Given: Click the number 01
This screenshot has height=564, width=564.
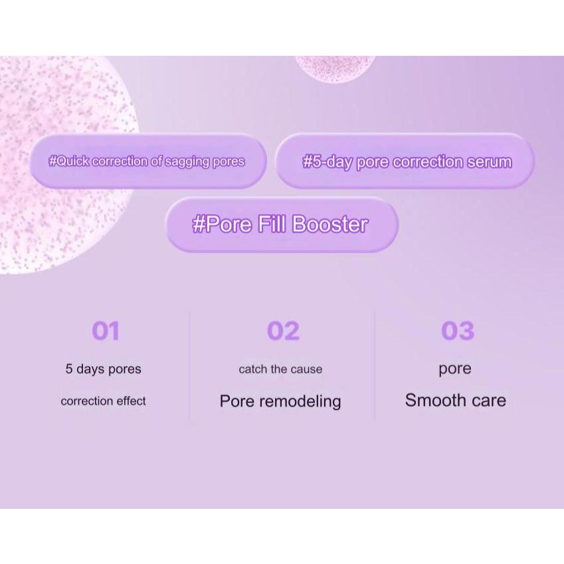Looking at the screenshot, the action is click(105, 331).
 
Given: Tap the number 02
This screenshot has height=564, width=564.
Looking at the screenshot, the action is click(283, 331).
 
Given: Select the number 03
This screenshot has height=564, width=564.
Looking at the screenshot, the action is click(458, 331).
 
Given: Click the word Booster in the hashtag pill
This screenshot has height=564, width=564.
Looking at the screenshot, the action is click(330, 225).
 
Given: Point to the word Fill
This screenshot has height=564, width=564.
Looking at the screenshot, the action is click(272, 224).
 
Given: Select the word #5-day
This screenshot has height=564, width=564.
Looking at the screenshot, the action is click(327, 162).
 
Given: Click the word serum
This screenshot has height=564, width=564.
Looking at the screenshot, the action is click(490, 162).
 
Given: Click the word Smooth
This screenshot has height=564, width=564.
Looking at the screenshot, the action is click(430, 401).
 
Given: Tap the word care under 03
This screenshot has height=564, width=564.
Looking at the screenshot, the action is click(488, 401).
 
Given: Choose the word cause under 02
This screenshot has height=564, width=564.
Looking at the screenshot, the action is click(306, 369).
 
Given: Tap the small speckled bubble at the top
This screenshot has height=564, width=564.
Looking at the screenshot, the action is click(334, 69).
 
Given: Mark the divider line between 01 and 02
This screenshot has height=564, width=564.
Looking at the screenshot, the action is click(189, 366).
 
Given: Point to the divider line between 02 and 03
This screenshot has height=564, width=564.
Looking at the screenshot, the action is click(375, 366).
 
